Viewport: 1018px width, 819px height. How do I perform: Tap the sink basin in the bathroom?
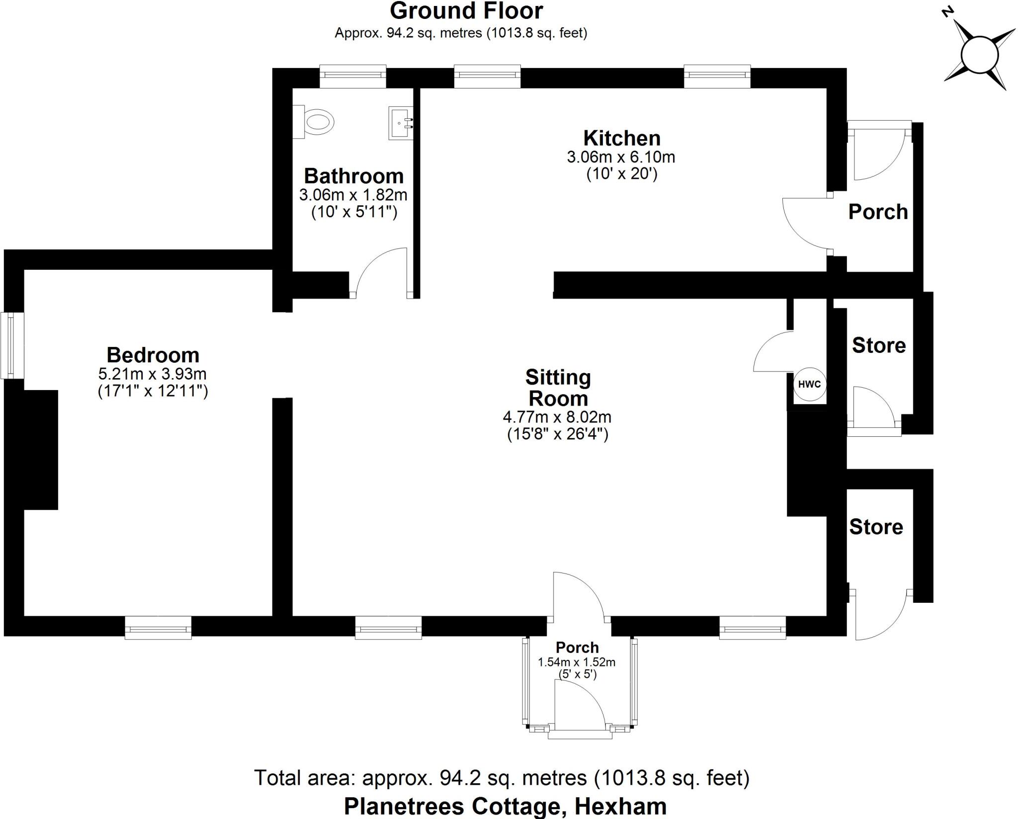[x=401, y=123]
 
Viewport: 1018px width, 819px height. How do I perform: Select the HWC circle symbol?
[x=809, y=384]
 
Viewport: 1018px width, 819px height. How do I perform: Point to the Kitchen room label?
[x=621, y=138]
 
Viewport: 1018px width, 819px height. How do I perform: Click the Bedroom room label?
[x=153, y=355]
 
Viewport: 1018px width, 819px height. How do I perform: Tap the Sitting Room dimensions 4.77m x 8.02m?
[x=557, y=416]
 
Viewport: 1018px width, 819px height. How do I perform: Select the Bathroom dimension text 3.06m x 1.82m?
[x=353, y=195]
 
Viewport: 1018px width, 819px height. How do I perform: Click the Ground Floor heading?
[x=466, y=11]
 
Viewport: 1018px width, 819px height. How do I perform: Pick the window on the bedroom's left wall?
[x=11, y=345]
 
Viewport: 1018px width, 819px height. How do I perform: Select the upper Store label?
[x=878, y=345]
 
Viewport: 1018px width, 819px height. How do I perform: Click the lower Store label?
[x=876, y=527]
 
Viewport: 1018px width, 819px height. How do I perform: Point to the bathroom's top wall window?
[x=352, y=76]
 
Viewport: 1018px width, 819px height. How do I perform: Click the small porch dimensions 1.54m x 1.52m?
[x=577, y=662]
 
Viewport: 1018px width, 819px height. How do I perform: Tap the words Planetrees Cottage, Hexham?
[x=505, y=806]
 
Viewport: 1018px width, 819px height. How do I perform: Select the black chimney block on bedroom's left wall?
[x=40, y=449]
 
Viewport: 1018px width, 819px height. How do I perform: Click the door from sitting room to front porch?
[x=579, y=596]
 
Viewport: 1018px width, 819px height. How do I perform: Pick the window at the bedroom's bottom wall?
[x=158, y=627]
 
